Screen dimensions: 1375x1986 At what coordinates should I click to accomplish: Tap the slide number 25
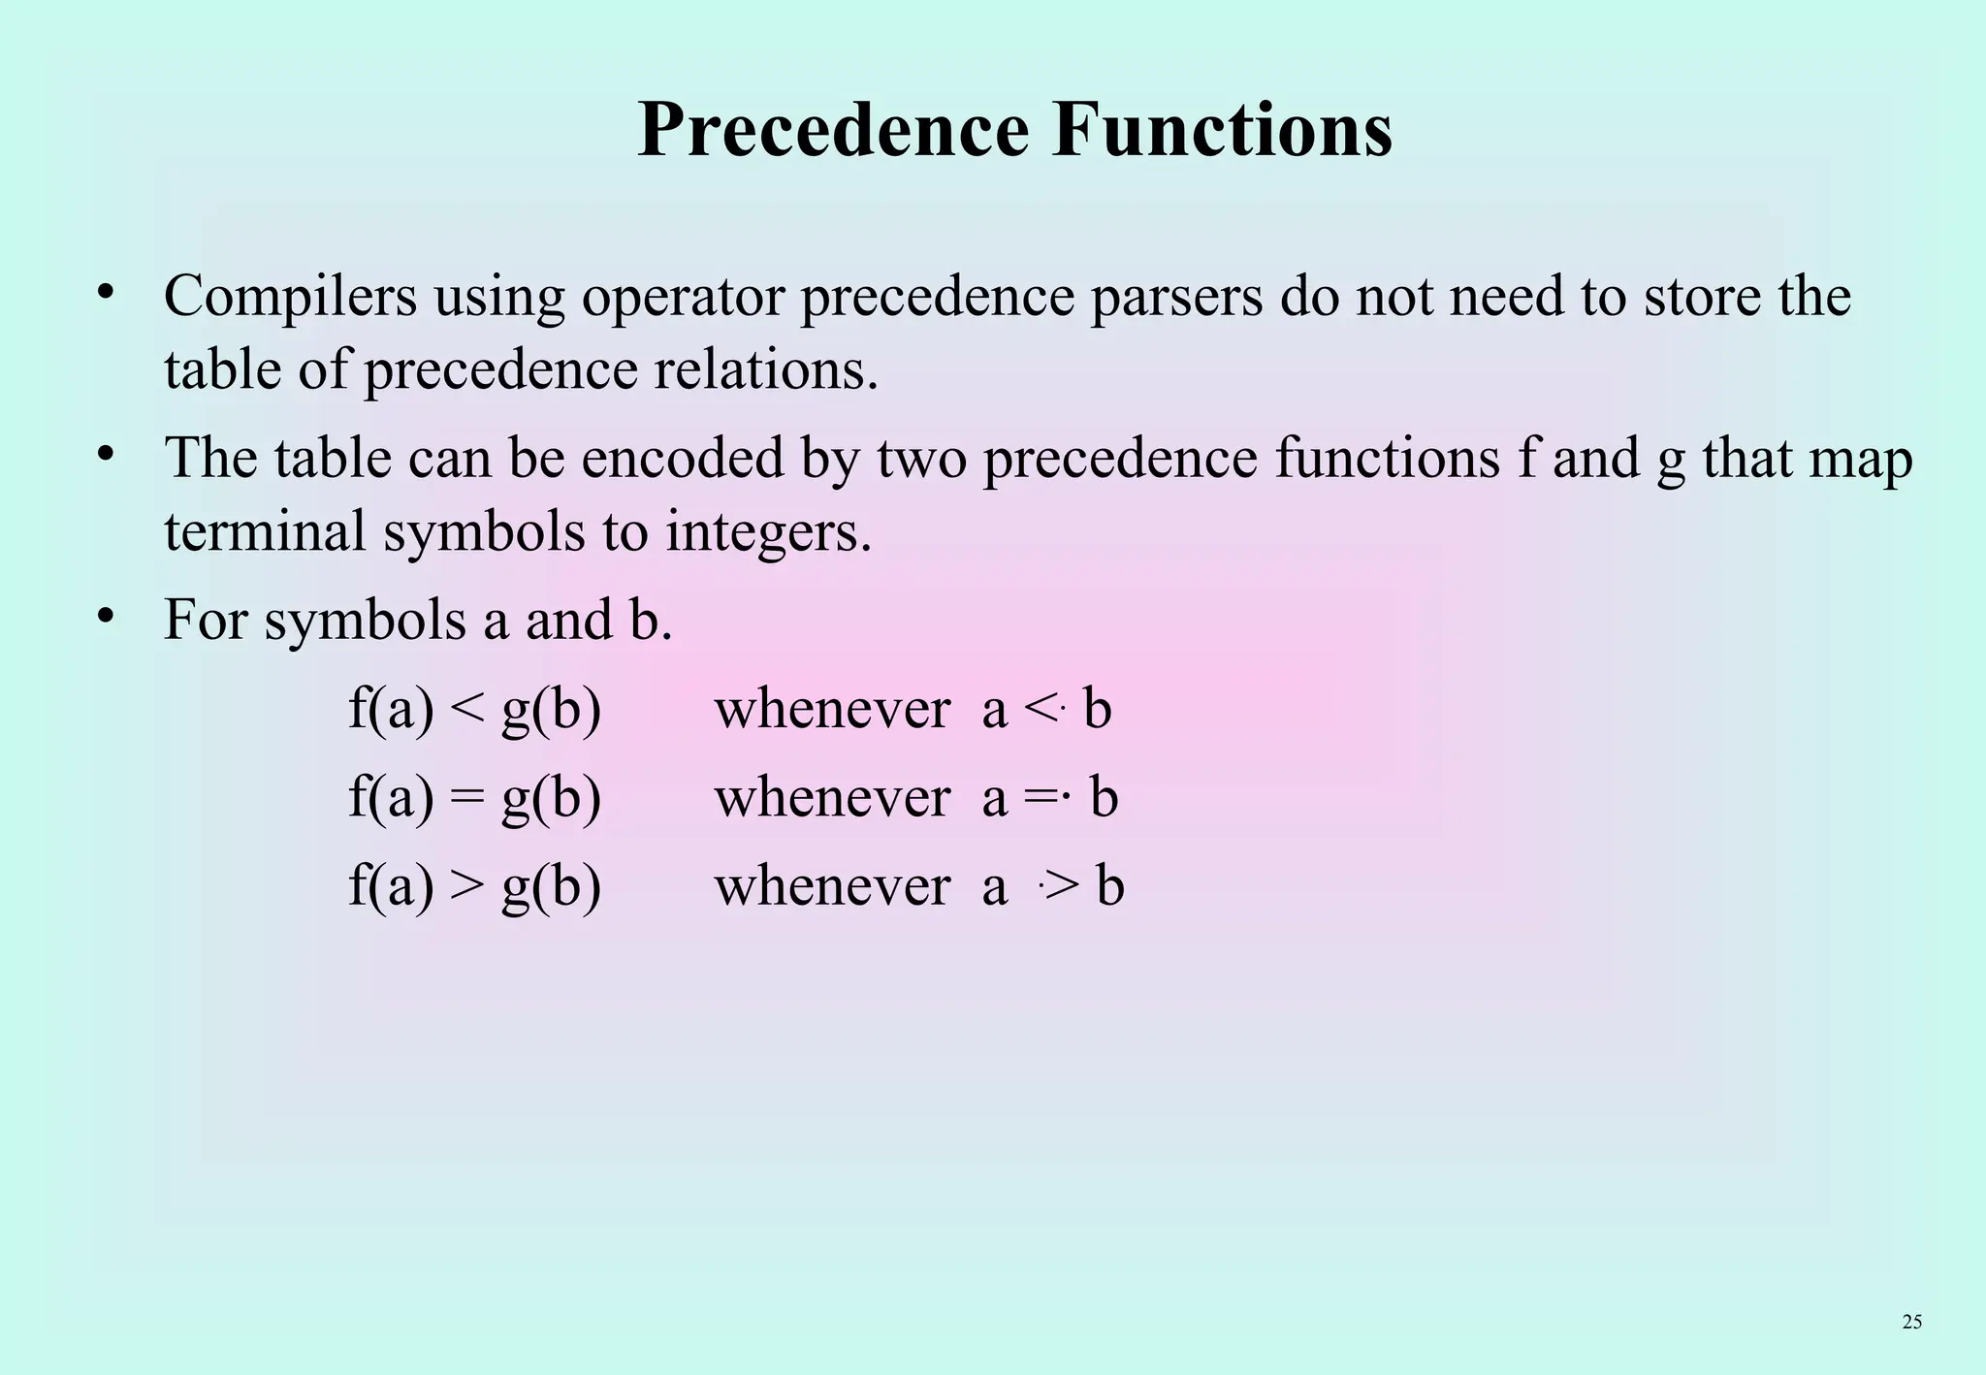(1911, 1322)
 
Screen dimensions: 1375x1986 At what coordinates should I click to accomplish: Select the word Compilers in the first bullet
(291, 297)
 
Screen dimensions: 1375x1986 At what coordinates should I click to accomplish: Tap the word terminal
(265, 531)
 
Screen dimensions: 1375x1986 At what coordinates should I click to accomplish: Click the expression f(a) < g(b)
(474, 710)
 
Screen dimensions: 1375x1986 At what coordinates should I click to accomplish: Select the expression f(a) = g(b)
(474, 799)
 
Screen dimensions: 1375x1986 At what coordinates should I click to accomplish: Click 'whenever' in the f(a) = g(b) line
(832, 798)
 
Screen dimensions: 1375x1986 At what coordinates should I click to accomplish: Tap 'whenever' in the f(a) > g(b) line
(832, 886)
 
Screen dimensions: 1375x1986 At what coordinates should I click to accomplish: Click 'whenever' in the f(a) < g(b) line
(832, 709)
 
